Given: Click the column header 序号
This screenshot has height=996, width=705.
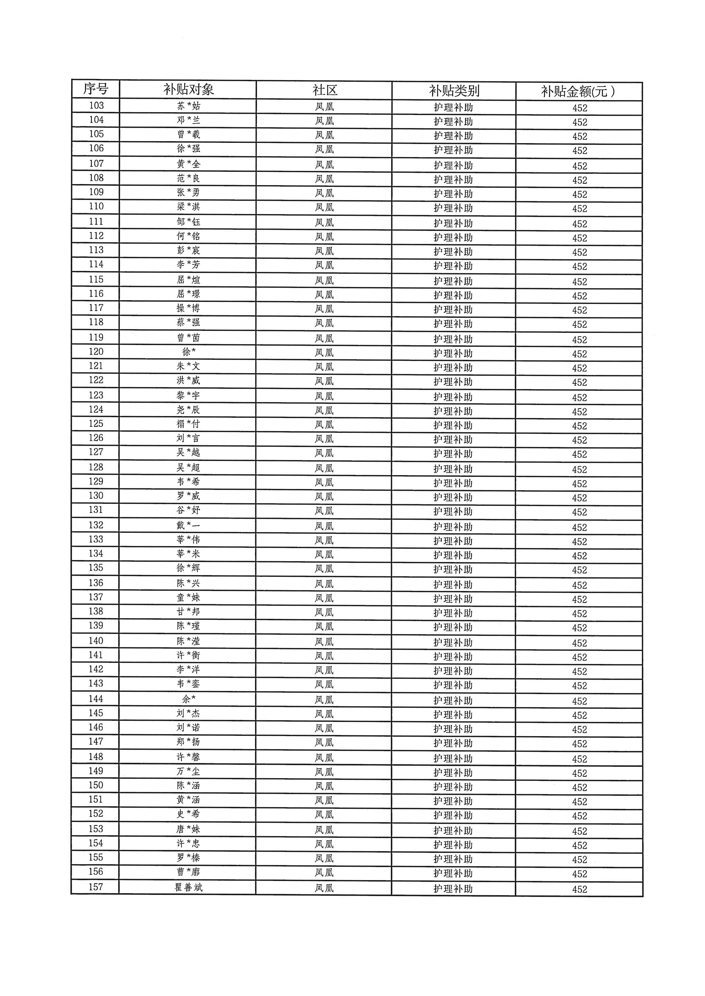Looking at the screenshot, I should click(x=96, y=89).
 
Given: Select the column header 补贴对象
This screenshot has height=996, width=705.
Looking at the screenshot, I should click(x=188, y=90).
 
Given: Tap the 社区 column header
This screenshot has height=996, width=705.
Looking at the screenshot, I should click(x=324, y=90).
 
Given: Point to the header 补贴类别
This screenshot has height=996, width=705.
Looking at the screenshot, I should click(x=454, y=91).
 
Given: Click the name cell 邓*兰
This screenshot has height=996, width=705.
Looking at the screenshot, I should click(x=188, y=120).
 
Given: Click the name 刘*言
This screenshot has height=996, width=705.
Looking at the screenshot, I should click(x=188, y=439).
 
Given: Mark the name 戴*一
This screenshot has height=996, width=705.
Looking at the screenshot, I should click(x=188, y=526).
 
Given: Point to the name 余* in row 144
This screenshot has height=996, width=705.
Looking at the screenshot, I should click(x=188, y=699).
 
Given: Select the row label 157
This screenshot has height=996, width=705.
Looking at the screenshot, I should click(x=96, y=887).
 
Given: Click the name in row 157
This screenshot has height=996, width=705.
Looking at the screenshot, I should click(x=188, y=888).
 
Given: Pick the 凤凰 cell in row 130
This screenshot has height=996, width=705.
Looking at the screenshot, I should click(x=324, y=497).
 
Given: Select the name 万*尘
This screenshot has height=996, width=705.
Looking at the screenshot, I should click(x=188, y=771).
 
